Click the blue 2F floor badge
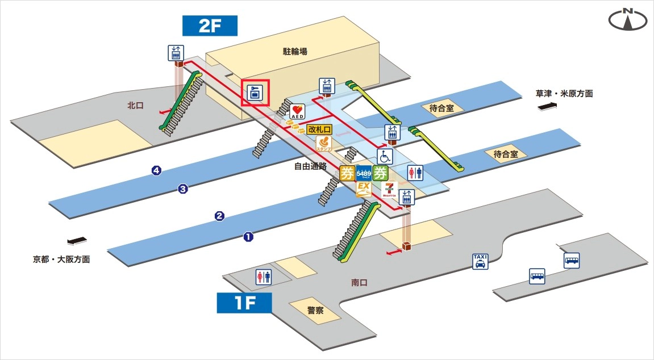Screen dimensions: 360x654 tap(210, 26)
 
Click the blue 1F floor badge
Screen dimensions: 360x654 tap(244, 303)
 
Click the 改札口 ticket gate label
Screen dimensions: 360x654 tap(319, 129)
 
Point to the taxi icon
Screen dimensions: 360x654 tap(480, 261)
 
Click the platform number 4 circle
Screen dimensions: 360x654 tap(156, 170)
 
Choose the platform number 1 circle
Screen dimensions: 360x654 tap(248, 237)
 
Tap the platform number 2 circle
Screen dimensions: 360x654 tap(219, 216)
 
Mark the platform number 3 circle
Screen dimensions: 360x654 tap(183, 189)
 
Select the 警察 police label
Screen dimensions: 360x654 tap(315, 311)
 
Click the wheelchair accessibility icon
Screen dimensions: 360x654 tap(385, 156)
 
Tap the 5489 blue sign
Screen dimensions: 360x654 tap(364, 173)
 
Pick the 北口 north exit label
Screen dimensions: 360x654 tap(135, 105)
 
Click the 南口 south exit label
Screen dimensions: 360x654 tap(360, 282)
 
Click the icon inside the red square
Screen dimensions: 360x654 tap(255, 93)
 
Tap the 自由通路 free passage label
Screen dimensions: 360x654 tap(310, 166)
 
